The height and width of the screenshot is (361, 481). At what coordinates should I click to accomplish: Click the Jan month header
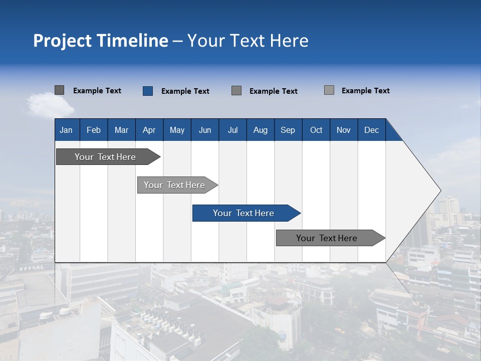coord(66,130)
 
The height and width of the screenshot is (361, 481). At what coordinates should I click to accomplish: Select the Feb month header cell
coord(94,130)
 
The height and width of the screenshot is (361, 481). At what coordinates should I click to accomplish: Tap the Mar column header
coord(121,130)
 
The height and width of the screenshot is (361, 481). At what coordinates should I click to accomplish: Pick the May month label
coord(177,130)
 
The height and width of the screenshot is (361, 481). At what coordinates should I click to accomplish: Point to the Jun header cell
coord(205,130)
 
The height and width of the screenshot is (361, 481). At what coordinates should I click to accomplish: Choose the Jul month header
coord(232,130)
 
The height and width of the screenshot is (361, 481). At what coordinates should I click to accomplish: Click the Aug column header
coord(261,130)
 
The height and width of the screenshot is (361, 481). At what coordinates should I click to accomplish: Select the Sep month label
coord(288,130)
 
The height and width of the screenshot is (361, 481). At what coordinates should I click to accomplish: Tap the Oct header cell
coord(316,130)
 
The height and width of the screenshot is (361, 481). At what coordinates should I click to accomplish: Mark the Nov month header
coord(344,130)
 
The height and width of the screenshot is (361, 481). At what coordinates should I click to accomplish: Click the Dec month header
coord(372,130)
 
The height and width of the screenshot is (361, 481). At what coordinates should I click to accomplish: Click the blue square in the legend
coord(147,91)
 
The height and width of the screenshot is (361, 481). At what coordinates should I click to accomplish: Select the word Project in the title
coord(62,41)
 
